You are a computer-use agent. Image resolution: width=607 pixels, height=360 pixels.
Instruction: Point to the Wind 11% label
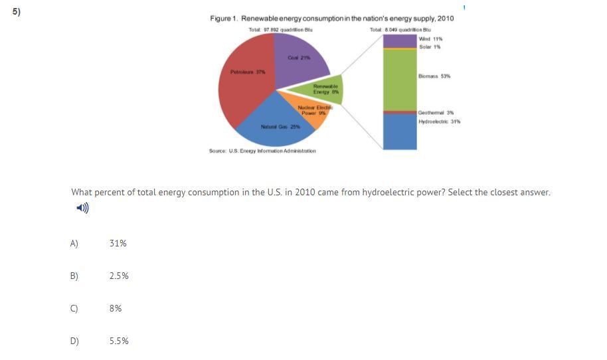click(431, 39)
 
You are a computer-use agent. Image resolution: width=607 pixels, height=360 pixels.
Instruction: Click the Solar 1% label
click(430, 46)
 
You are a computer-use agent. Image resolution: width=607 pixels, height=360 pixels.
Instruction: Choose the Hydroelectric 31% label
click(439, 122)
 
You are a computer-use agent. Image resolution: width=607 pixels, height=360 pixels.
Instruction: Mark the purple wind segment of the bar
click(400, 41)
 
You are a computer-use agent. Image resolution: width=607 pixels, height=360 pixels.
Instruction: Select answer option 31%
click(118, 244)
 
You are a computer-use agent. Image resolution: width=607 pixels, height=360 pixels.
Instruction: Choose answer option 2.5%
click(119, 276)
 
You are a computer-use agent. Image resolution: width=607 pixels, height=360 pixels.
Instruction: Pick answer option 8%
click(116, 308)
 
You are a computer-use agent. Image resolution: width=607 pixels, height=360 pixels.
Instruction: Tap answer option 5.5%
click(119, 341)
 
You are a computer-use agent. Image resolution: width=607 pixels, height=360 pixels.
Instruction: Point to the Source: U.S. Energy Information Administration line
click(262, 151)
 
